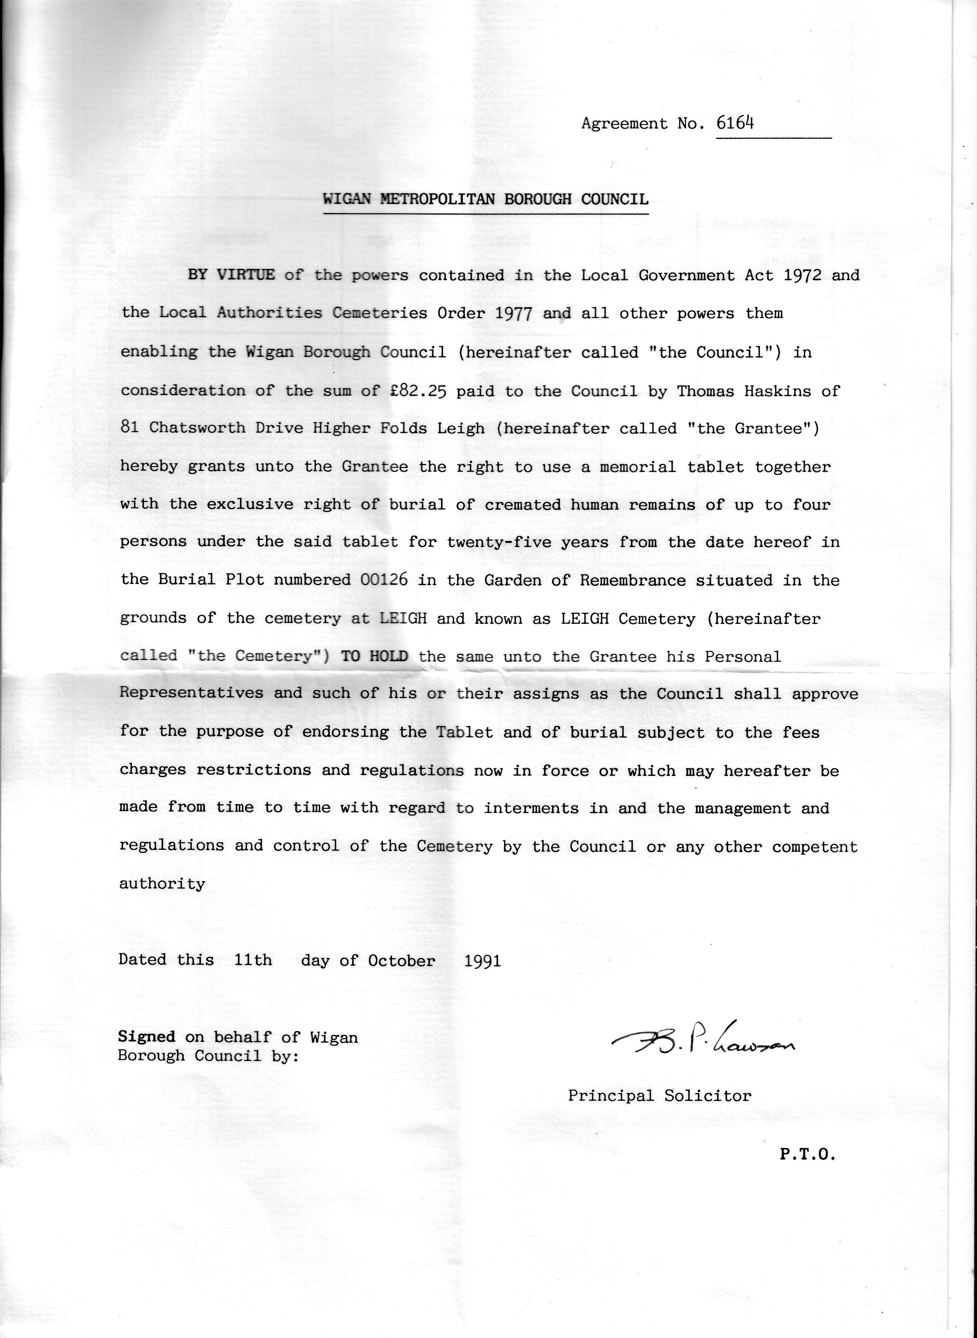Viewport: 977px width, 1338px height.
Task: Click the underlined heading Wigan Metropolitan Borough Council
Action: coord(485,199)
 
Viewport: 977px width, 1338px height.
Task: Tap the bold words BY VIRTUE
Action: coord(231,275)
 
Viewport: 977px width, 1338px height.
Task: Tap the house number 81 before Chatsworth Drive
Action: coord(129,428)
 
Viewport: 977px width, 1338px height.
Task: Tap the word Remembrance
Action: coord(633,580)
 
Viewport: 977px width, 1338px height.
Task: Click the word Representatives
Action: coord(192,693)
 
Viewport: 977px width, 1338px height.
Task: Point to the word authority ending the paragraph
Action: coord(162,884)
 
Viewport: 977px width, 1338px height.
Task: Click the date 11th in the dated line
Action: coord(253,960)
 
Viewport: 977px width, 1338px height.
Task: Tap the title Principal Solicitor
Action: coord(659,1096)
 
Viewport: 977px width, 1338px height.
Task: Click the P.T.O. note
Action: coord(807,1154)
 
